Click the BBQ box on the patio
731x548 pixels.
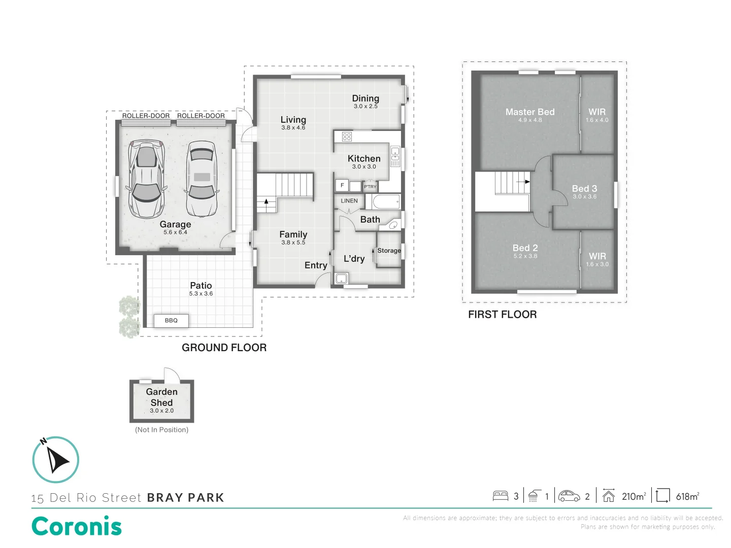point(171,321)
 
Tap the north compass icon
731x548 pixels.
point(56,460)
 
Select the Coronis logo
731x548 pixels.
point(77,526)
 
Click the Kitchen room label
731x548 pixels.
point(364,159)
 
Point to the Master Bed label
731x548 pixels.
point(530,112)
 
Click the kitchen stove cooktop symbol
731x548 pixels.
point(347,136)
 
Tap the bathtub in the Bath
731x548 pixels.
point(386,202)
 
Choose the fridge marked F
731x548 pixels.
point(342,186)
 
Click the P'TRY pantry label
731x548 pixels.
point(370,187)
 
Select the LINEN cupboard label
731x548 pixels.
point(349,201)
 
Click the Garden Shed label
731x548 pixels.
point(161,397)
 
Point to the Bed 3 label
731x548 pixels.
point(584,189)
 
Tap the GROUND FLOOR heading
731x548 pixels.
point(224,348)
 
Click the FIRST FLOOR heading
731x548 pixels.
point(502,315)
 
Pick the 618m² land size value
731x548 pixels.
point(687,497)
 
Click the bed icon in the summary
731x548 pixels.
point(501,496)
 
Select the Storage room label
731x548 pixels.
point(389,251)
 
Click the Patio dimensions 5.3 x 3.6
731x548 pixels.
point(201,294)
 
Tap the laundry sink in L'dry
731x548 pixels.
point(341,278)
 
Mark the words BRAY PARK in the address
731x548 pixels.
point(185,498)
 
